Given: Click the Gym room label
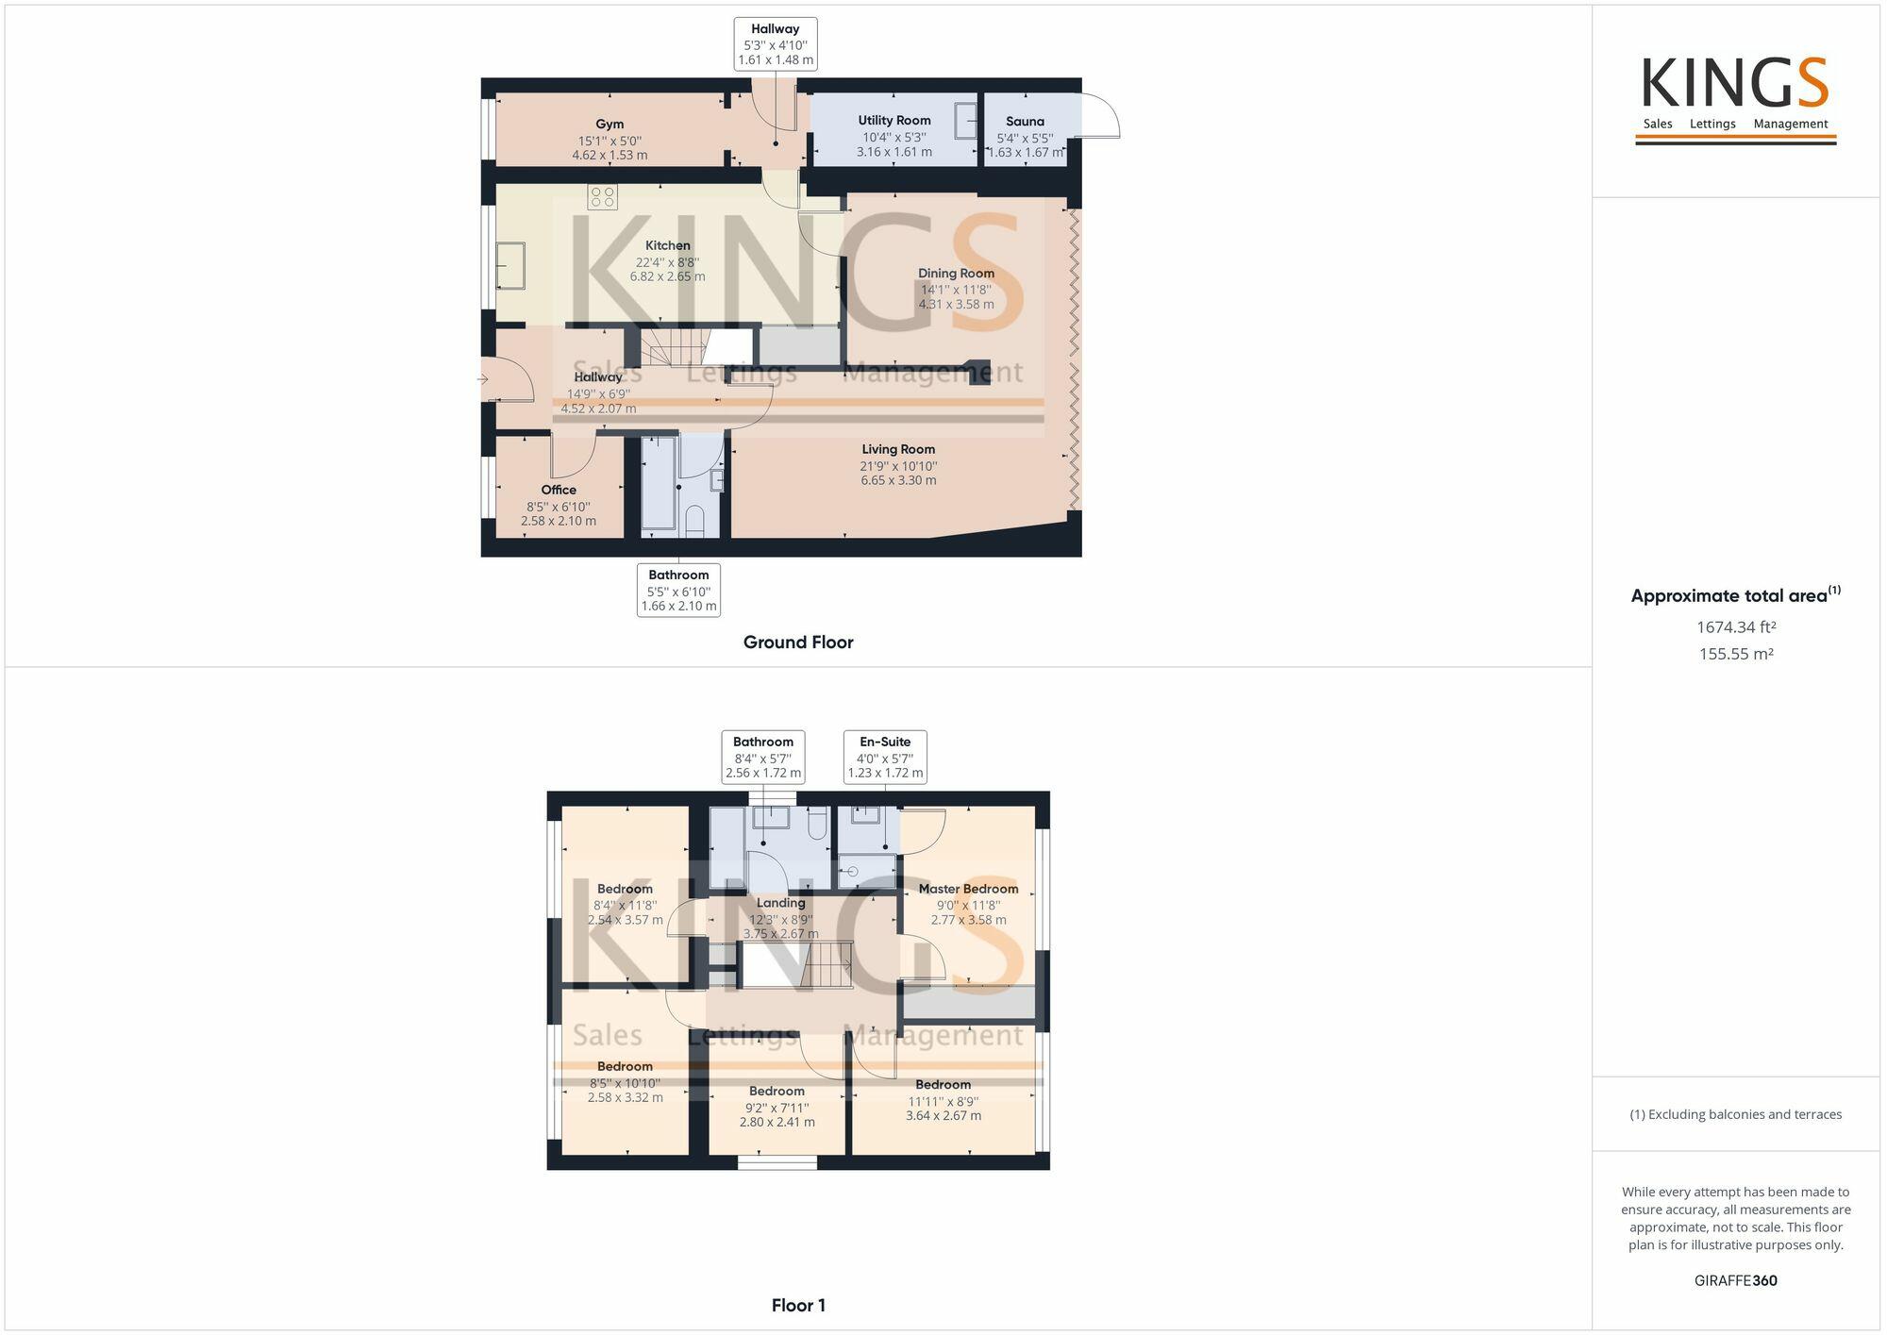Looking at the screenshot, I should (610, 125).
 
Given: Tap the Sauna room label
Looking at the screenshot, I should (1025, 122).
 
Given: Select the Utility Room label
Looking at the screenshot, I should (893, 121).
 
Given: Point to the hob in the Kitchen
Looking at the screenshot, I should (603, 197).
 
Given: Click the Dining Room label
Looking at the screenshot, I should (956, 274).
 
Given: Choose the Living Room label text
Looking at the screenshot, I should (898, 450).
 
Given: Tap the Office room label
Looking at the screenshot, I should (559, 491).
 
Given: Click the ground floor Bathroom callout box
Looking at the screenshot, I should (678, 590).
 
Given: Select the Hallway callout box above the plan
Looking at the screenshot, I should (775, 44).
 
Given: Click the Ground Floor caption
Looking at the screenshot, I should (798, 642).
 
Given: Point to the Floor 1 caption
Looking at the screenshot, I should (798, 1306).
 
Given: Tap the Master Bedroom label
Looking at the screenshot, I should (968, 889).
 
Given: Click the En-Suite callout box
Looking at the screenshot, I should (885, 757).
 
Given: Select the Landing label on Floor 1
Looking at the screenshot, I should (780, 903).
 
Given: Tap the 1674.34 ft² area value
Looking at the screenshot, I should (1736, 627).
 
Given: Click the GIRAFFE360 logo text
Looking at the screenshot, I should (1736, 1281).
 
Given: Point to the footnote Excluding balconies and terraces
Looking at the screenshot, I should (1736, 1114).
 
